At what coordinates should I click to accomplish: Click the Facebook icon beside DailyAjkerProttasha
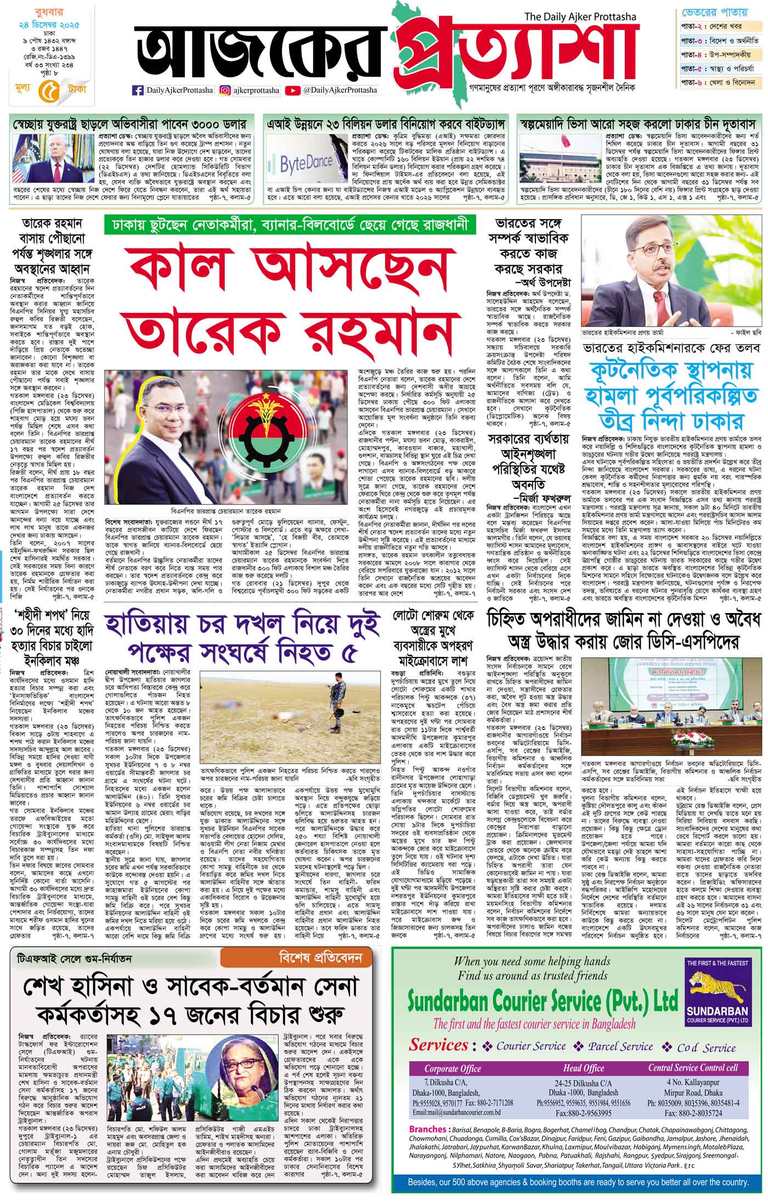click(x=138, y=89)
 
